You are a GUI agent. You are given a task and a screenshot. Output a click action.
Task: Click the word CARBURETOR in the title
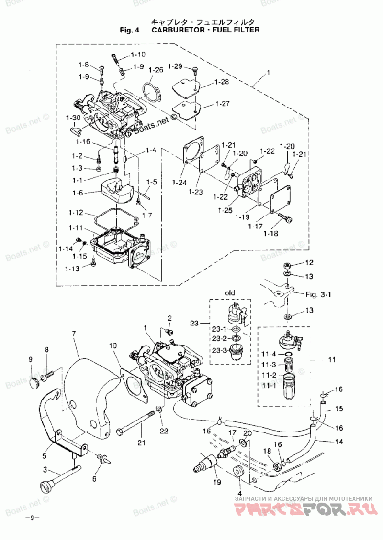tap(178, 30)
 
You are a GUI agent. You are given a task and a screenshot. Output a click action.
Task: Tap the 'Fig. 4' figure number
tap(129, 30)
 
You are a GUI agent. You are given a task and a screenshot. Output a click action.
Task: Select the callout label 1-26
tap(156, 70)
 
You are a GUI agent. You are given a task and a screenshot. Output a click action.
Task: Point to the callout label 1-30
tap(73, 118)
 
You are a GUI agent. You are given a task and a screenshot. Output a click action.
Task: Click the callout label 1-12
tap(76, 213)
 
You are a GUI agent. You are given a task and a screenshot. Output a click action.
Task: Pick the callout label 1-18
tap(270, 234)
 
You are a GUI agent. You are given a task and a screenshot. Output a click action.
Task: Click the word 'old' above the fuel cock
tap(230, 293)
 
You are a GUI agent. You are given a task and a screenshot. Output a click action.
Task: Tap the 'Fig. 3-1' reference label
tap(318, 294)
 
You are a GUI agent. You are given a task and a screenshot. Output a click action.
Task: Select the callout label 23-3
tap(219, 351)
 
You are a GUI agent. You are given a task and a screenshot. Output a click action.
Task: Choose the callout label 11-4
tap(269, 355)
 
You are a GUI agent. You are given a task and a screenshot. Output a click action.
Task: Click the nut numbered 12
tap(286, 266)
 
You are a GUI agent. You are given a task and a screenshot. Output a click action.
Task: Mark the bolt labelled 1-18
tap(286, 217)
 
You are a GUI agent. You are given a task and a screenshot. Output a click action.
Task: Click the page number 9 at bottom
tap(31, 518)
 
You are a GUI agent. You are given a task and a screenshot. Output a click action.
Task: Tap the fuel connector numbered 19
tap(204, 463)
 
